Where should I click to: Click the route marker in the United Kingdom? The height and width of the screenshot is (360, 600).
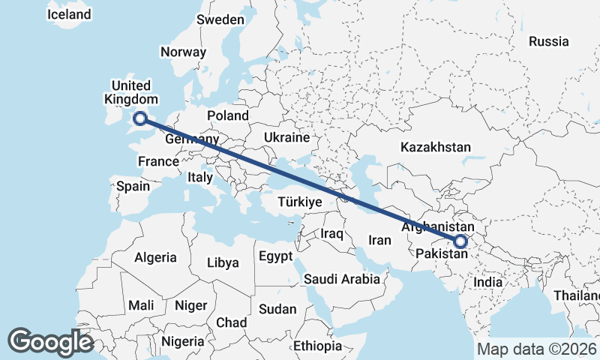coord(139,118)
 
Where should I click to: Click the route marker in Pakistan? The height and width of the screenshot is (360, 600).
coord(460,241)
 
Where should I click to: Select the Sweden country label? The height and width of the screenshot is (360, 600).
coord(220,19)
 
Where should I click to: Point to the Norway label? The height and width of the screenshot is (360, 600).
coord(183,52)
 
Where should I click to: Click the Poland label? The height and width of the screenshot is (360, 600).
coord(228,115)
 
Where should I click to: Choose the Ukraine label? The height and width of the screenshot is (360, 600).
coord(286,138)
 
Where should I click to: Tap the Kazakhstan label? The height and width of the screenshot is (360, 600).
coord(435,147)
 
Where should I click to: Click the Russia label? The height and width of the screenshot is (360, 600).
coord(549,41)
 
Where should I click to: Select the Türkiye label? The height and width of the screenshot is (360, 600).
coord(299,202)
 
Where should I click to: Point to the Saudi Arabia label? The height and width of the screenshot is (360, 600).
coord(342,279)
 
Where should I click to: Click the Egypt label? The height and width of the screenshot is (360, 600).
coord(275,256)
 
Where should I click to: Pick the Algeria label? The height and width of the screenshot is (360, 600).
coord(155,257)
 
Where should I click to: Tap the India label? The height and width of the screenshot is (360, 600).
coord(488,282)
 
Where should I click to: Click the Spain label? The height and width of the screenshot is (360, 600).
coord(133,186)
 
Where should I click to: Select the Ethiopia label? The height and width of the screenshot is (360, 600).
coord(317,346)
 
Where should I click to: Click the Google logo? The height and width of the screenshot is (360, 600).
coord(50,341)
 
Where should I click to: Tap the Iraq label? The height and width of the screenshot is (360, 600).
coord(331,234)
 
